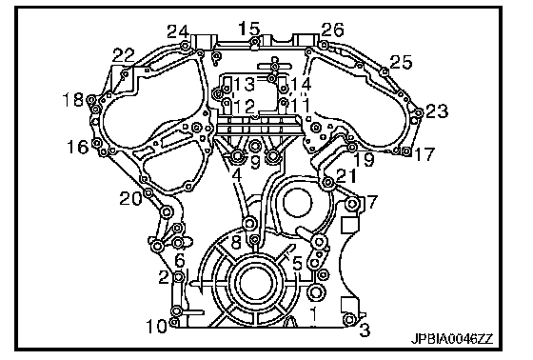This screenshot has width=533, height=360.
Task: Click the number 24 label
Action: coord(178,32)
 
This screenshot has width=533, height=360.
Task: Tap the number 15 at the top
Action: coord(248,29)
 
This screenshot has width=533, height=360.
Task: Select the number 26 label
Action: coord(333,30)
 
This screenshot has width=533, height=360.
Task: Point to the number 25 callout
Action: coord(401,62)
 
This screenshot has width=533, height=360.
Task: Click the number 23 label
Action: coord(437,110)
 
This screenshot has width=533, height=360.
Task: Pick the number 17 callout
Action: coord(424,154)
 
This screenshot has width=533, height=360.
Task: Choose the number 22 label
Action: coord(124,55)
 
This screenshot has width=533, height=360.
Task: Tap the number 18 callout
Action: coord(73,100)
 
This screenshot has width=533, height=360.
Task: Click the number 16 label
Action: coord(78,147)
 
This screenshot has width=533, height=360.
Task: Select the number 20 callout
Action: coord(131,198)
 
